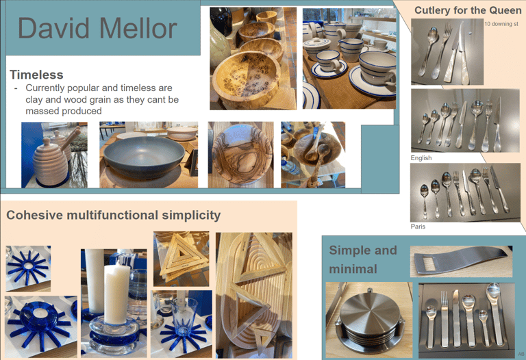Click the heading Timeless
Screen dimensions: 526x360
(x=36, y=75)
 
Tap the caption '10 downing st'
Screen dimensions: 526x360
(x=501, y=24)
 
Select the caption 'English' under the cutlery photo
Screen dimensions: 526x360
(x=421, y=158)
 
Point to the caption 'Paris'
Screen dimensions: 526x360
(x=418, y=227)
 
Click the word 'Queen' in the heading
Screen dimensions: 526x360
(x=505, y=10)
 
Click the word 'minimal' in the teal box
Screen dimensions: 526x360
(x=353, y=269)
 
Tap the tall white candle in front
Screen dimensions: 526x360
(x=116, y=294)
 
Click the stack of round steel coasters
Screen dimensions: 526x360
(x=369, y=319)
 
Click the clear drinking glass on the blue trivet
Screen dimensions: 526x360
(x=184, y=316)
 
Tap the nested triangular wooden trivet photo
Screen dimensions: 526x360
(x=181, y=259)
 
